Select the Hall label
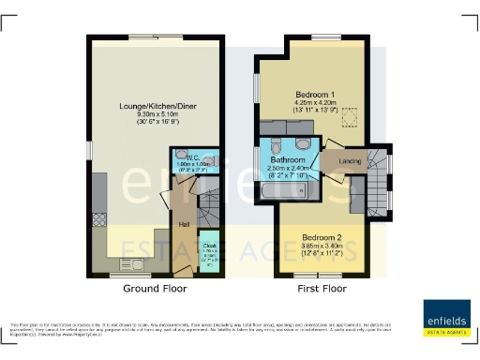point(184,224)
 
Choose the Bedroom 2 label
point(320,235)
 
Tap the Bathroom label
point(291,160)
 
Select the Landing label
point(351,159)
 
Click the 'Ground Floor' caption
point(152,290)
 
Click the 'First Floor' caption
point(322,290)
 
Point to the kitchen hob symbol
point(99,221)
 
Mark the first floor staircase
point(378,178)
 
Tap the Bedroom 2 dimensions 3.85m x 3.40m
point(320,245)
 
